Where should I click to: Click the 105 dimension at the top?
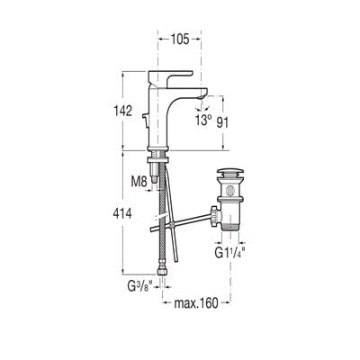point(179,40)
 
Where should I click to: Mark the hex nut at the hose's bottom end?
point(164,271)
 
